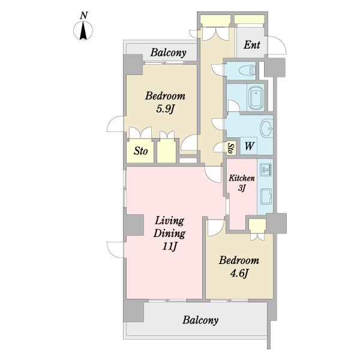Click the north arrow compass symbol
(x=83, y=31)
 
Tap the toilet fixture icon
(x=247, y=70)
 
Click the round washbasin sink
(x=266, y=128)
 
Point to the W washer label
(x=250, y=146)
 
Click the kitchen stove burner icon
(x=266, y=170)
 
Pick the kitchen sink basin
(x=266, y=196)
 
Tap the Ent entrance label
(x=252, y=45)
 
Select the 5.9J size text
(x=164, y=109)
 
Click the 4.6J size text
(x=239, y=274)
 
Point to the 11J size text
(x=170, y=247)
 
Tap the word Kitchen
(x=242, y=178)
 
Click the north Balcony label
(x=168, y=53)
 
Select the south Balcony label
(x=200, y=320)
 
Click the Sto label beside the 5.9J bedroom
(x=140, y=151)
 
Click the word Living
(x=169, y=221)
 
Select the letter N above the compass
(x=84, y=16)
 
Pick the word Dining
(x=169, y=233)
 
